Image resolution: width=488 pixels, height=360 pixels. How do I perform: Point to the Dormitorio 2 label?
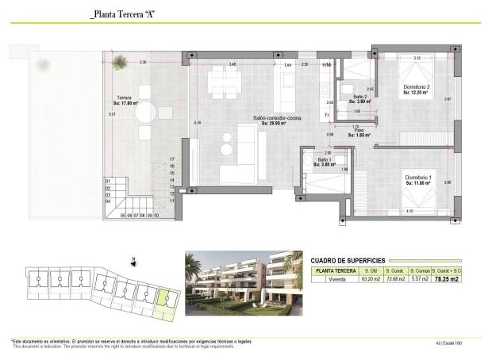(x=416, y=86)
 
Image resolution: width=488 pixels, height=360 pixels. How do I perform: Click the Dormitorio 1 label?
(x=417, y=177)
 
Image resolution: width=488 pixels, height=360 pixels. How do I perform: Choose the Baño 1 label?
(x=325, y=159)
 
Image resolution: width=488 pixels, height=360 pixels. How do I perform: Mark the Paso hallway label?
(x=359, y=132)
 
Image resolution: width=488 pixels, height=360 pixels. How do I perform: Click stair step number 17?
(x=171, y=159)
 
